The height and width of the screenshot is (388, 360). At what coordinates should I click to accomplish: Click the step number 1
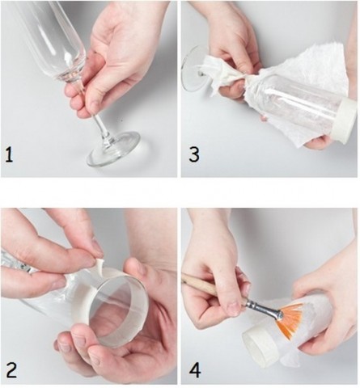click(9, 155)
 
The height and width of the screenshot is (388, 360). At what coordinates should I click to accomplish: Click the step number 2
click(11, 370)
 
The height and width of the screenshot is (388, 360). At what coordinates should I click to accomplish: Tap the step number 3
click(194, 155)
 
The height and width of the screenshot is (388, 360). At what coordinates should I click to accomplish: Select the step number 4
click(195, 370)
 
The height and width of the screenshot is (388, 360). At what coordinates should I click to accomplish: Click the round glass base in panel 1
click(113, 149)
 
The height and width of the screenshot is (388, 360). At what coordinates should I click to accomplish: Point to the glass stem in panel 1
click(101, 127)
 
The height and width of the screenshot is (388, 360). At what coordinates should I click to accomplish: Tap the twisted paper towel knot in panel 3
click(224, 74)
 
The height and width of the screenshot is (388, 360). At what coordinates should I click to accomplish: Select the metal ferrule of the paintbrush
click(265, 308)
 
